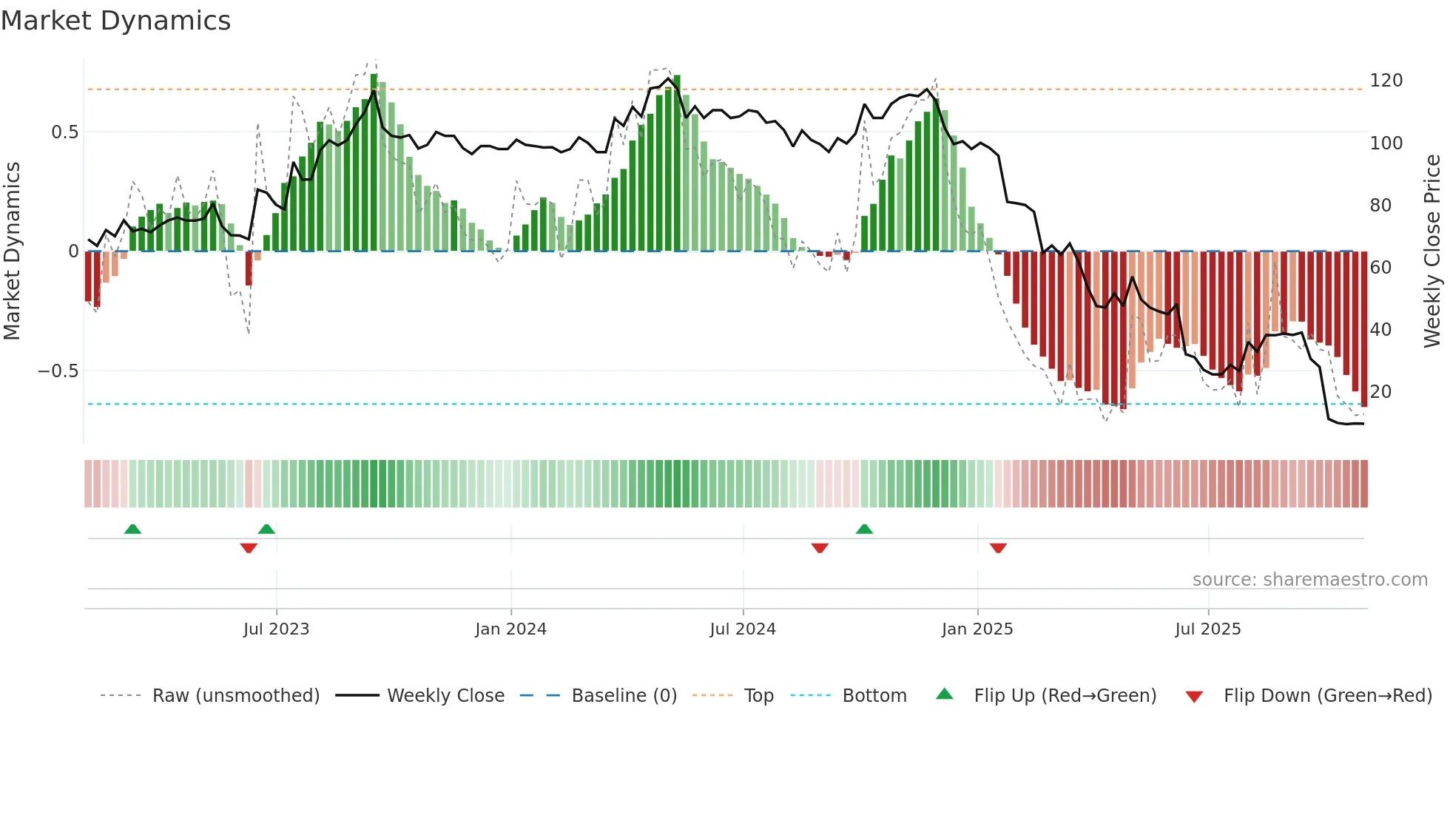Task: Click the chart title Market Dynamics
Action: click(x=115, y=21)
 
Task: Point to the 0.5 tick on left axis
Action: click(x=64, y=132)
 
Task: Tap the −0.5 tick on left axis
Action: click(x=58, y=371)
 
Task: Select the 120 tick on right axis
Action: click(x=1386, y=81)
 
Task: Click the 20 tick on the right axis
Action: click(x=1380, y=391)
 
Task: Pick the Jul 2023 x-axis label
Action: click(x=276, y=629)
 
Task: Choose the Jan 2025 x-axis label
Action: click(x=977, y=629)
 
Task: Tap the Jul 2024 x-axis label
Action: click(x=742, y=629)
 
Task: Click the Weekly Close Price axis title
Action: click(x=1432, y=251)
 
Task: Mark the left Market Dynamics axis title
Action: click(x=12, y=251)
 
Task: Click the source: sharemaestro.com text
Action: click(x=1309, y=580)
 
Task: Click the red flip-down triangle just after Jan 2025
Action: click(x=998, y=548)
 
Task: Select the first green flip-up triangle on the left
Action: click(x=132, y=529)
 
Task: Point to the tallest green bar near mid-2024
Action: click(x=676, y=163)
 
